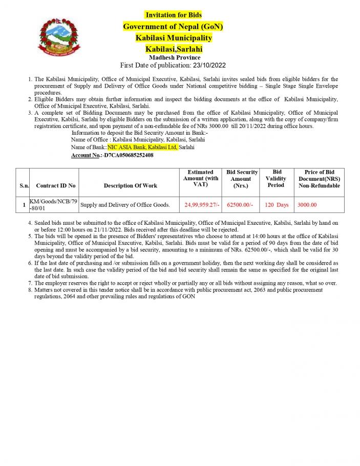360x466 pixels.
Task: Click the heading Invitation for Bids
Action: [x=173, y=15]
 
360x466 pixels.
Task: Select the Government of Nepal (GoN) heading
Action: [x=173, y=26]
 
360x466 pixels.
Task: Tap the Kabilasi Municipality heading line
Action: [x=174, y=38]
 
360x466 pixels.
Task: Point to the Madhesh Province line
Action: [x=174, y=57]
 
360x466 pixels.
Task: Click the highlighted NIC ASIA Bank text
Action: [x=142, y=147]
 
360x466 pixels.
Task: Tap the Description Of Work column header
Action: [x=131, y=185]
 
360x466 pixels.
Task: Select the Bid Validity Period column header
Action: [x=276, y=178]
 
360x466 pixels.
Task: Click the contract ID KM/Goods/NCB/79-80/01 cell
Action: [x=53, y=205]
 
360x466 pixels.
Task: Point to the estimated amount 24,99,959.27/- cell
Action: [x=202, y=205]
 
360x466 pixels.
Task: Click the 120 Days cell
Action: [x=277, y=205]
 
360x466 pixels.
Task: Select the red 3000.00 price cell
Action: [x=307, y=205]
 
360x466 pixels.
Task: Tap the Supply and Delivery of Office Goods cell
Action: [x=125, y=205]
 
